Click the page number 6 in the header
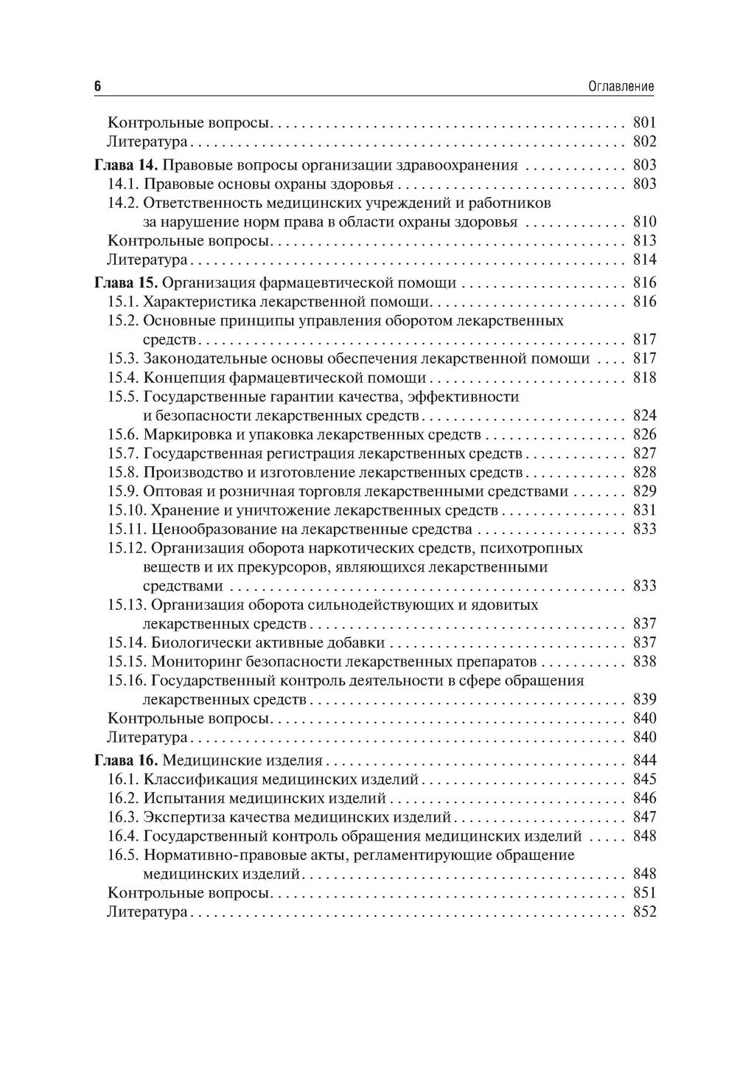pyautogui.click(x=97, y=86)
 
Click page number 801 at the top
pyautogui.click(x=643, y=123)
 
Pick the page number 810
pyautogui.click(x=643, y=222)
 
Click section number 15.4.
pyautogui.click(x=123, y=378)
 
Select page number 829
pyautogui.click(x=643, y=491)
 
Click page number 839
pyautogui.click(x=643, y=699)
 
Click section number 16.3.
pyautogui.click(x=123, y=817)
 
